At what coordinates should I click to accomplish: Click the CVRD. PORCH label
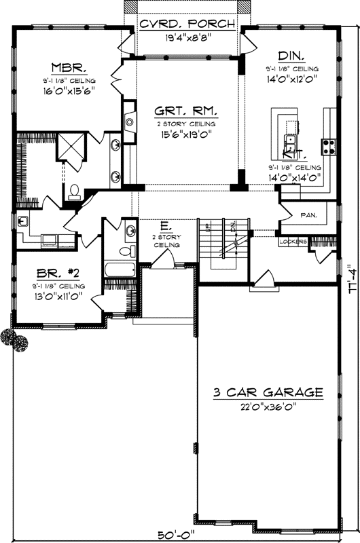click(187, 24)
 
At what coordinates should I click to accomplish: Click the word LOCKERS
click(293, 241)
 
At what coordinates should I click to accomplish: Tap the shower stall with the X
click(70, 146)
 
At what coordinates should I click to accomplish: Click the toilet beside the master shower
click(75, 191)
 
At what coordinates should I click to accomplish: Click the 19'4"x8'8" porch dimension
click(187, 38)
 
